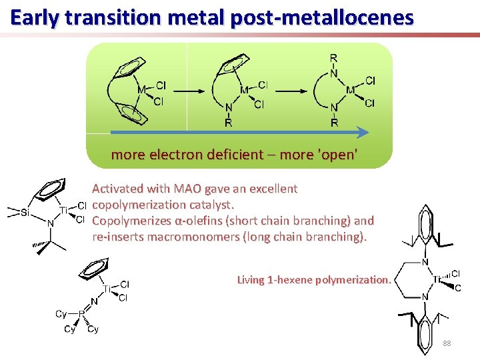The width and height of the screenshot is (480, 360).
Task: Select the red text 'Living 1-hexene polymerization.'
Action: pyautogui.click(x=314, y=280)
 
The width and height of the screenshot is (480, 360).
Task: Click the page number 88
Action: pyautogui.click(x=447, y=343)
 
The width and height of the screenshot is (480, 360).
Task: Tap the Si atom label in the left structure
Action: pyautogui.click(x=25, y=213)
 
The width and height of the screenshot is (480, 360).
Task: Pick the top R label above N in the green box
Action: pyautogui.click(x=333, y=59)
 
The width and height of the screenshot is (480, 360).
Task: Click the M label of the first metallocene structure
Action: pyautogui.click(x=141, y=89)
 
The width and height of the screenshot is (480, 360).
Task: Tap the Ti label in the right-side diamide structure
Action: pyautogui.click(x=440, y=280)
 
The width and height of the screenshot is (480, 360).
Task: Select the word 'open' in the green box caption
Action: pyautogui.click(x=339, y=155)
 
